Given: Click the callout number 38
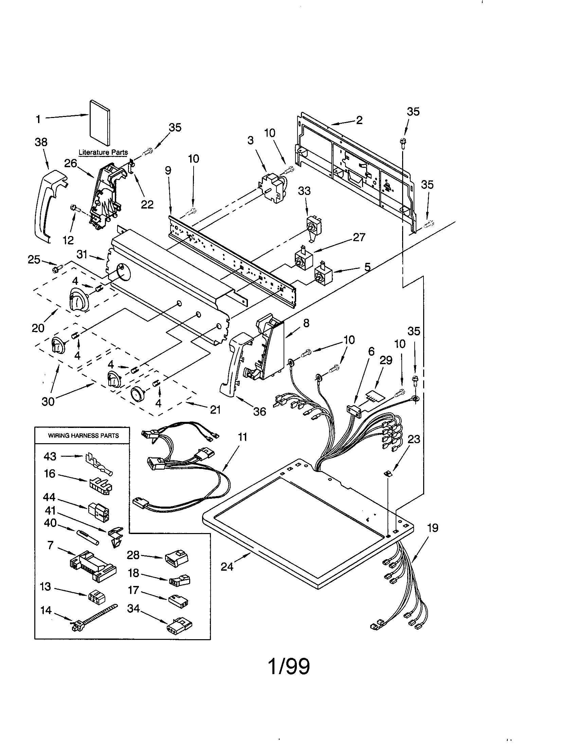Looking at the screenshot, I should pyautogui.click(x=41, y=142).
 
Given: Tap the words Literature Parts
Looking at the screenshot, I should pyautogui.click(x=103, y=152).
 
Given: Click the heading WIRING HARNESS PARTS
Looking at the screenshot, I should pyautogui.click(x=84, y=435).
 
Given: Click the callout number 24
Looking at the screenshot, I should pyautogui.click(x=227, y=567).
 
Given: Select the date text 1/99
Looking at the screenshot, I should pyautogui.click(x=289, y=666).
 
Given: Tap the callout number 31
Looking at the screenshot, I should pyautogui.click(x=82, y=254).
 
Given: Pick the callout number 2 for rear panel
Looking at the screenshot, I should pyautogui.click(x=359, y=120).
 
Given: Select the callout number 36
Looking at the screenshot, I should pyautogui.click(x=259, y=412).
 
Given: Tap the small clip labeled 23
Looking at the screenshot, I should pyautogui.click(x=388, y=473).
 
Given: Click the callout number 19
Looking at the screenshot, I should pyautogui.click(x=433, y=528).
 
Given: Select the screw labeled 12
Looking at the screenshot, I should pyautogui.click(x=74, y=208).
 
